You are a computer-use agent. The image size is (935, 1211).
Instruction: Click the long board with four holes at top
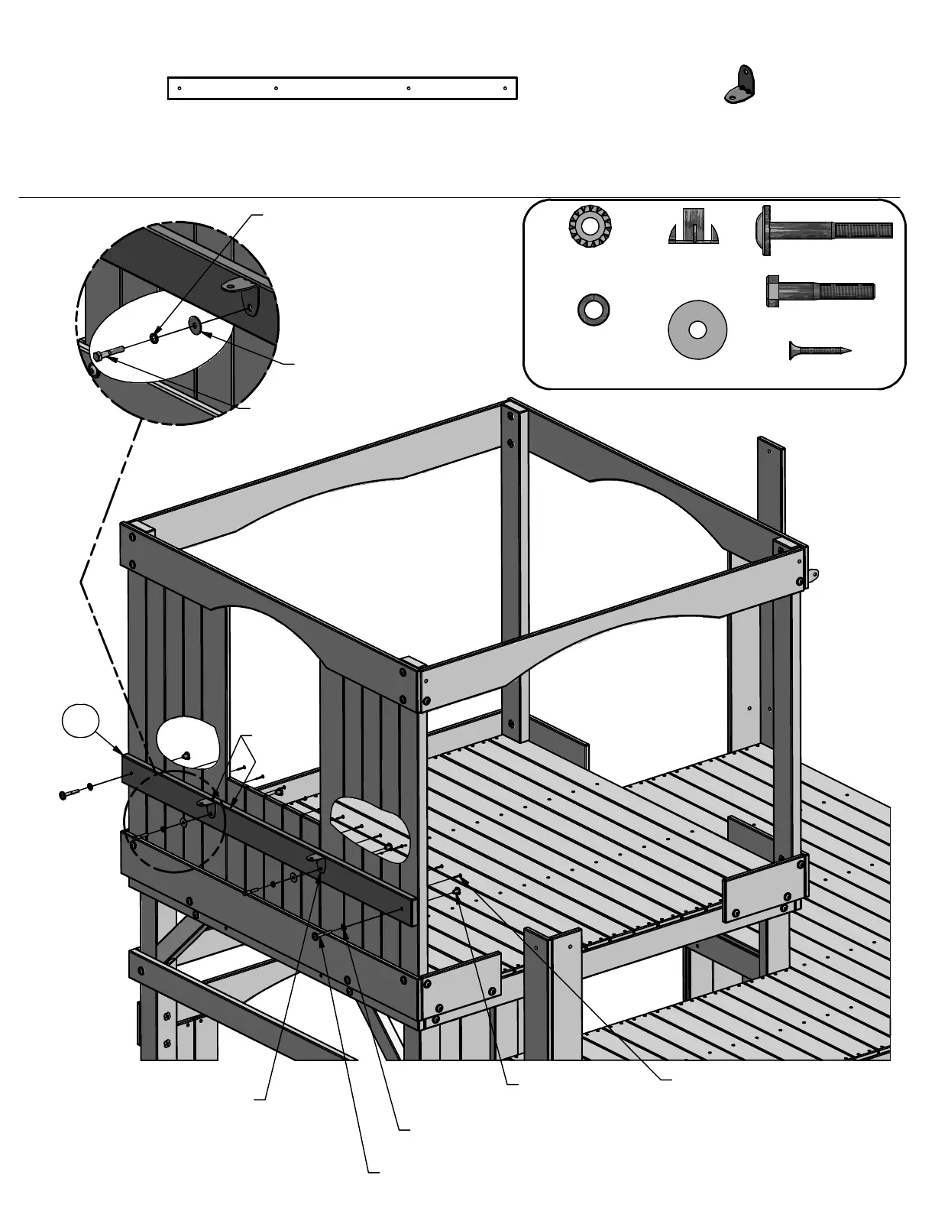pyautogui.click(x=342, y=88)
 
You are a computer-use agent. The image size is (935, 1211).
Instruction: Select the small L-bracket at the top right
pyautogui.click(x=739, y=85)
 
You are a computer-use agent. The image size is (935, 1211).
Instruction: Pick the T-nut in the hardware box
pyautogui.click(x=693, y=226)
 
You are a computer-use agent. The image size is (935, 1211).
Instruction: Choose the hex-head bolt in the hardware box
pyautogui.click(x=820, y=291)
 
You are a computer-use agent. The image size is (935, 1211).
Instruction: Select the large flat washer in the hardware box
pyautogui.click(x=697, y=330)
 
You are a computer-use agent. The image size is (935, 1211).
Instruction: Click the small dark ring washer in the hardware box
pyautogui.click(x=593, y=310)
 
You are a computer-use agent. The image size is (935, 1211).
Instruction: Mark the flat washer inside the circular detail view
pyautogui.click(x=194, y=326)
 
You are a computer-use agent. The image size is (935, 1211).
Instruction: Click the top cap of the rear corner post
pyautogui.click(x=513, y=411)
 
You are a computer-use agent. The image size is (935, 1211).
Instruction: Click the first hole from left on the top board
pyautogui.click(x=179, y=88)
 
